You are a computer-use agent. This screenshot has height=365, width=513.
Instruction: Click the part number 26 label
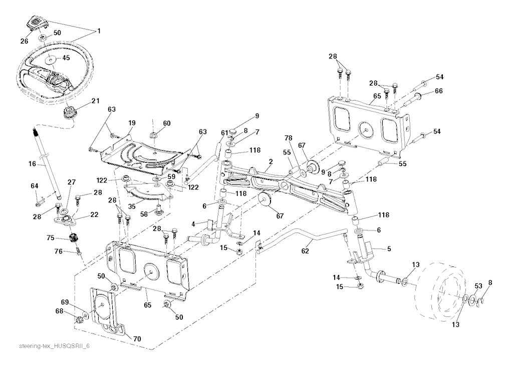[x=24, y=41]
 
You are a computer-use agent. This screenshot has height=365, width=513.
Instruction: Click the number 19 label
[x=131, y=123]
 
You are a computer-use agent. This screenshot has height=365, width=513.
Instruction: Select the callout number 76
[x=59, y=252]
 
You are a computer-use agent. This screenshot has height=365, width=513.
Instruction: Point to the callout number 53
[x=478, y=285]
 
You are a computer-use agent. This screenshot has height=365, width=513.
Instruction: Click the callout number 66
[x=439, y=91]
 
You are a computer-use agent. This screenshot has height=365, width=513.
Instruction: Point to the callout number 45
[x=66, y=58]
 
